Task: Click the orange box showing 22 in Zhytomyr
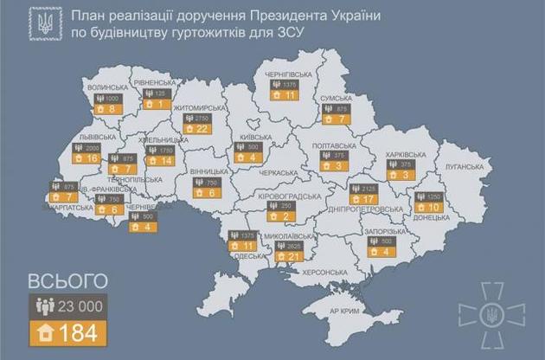(x=203, y=129)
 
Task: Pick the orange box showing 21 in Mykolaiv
(x=295, y=256)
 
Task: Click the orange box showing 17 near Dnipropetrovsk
(x=355, y=197)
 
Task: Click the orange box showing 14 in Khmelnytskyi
(x=161, y=160)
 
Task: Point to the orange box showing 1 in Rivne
(x=157, y=105)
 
